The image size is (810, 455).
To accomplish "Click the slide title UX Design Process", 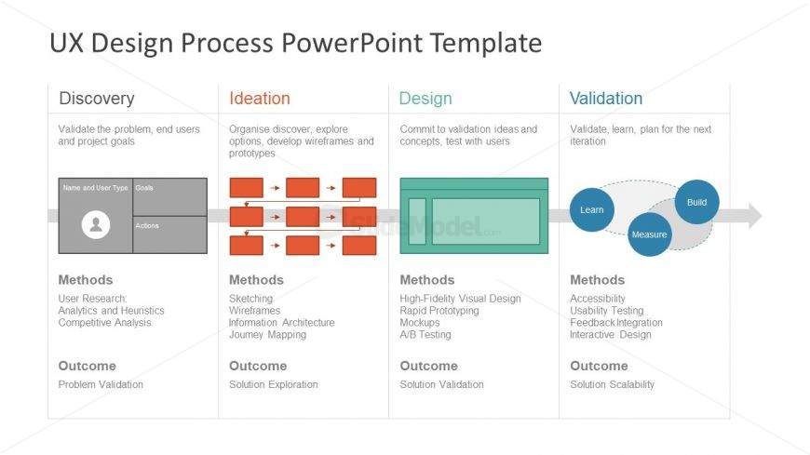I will pyautogui.click(x=295, y=43).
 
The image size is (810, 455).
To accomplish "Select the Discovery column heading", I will pyautogui.click(x=97, y=99).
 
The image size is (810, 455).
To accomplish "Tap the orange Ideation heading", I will pyautogui.click(x=260, y=99).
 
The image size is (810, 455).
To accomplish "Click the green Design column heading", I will pyautogui.click(x=425, y=99).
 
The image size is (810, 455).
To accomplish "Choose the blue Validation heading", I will pyautogui.click(x=606, y=99).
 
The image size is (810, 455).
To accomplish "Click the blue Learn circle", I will pyautogui.click(x=592, y=209).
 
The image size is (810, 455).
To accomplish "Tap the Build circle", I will pyautogui.click(x=696, y=202).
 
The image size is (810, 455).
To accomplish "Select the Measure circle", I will pyautogui.click(x=649, y=234).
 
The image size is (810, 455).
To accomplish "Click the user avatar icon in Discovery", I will pyautogui.click(x=96, y=224).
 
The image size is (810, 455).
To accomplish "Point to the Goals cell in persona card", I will pyautogui.click(x=169, y=196).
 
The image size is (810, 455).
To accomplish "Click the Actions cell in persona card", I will pyautogui.click(x=169, y=234).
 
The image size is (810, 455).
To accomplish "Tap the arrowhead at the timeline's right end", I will pyautogui.click(x=754, y=216).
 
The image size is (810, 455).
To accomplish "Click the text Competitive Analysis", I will pyautogui.click(x=104, y=323).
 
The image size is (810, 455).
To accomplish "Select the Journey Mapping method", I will pyautogui.click(x=268, y=335).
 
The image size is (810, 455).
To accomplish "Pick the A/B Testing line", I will pyautogui.click(x=425, y=335).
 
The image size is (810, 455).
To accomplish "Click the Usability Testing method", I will pyautogui.click(x=606, y=311).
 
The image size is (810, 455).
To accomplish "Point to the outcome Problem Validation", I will pyautogui.click(x=101, y=384).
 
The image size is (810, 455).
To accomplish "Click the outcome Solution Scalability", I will pyautogui.click(x=612, y=384).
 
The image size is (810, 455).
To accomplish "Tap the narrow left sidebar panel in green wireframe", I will pyautogui.click(x=417, y=221).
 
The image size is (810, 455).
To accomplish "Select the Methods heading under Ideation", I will pyautogui.click(x=256, y=280).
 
